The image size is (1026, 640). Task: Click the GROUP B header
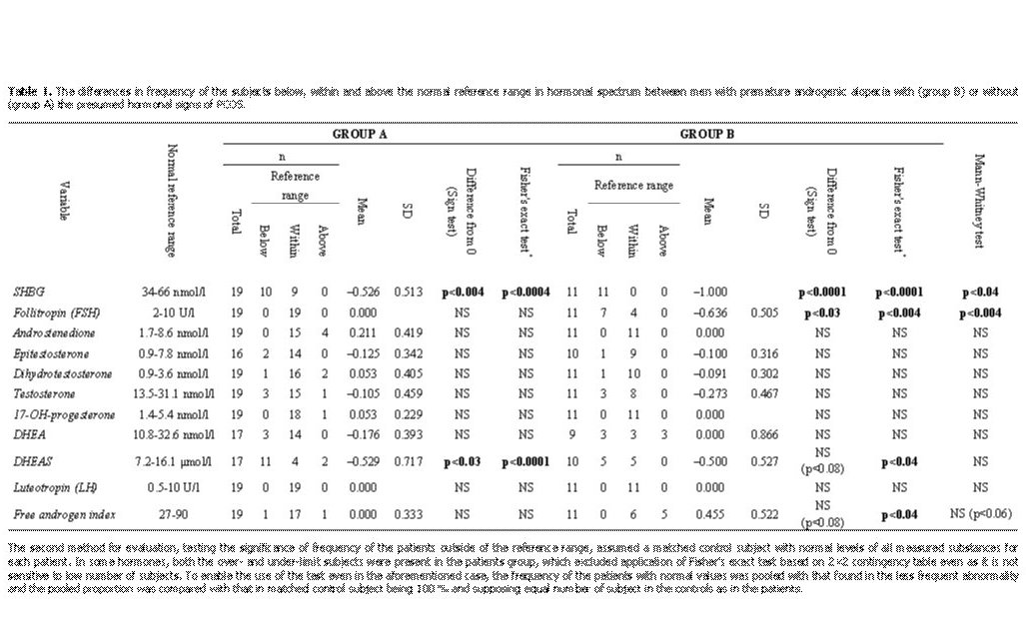(x=708, y=134)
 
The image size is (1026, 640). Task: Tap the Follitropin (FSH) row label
(x=49, y=313)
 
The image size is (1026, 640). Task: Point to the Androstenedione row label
(x=50, y=332)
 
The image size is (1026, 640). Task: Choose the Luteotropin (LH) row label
(x=50, y=489)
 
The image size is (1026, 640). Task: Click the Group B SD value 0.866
(x=765, y=434)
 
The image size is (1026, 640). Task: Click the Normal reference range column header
(x=172, y=201)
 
